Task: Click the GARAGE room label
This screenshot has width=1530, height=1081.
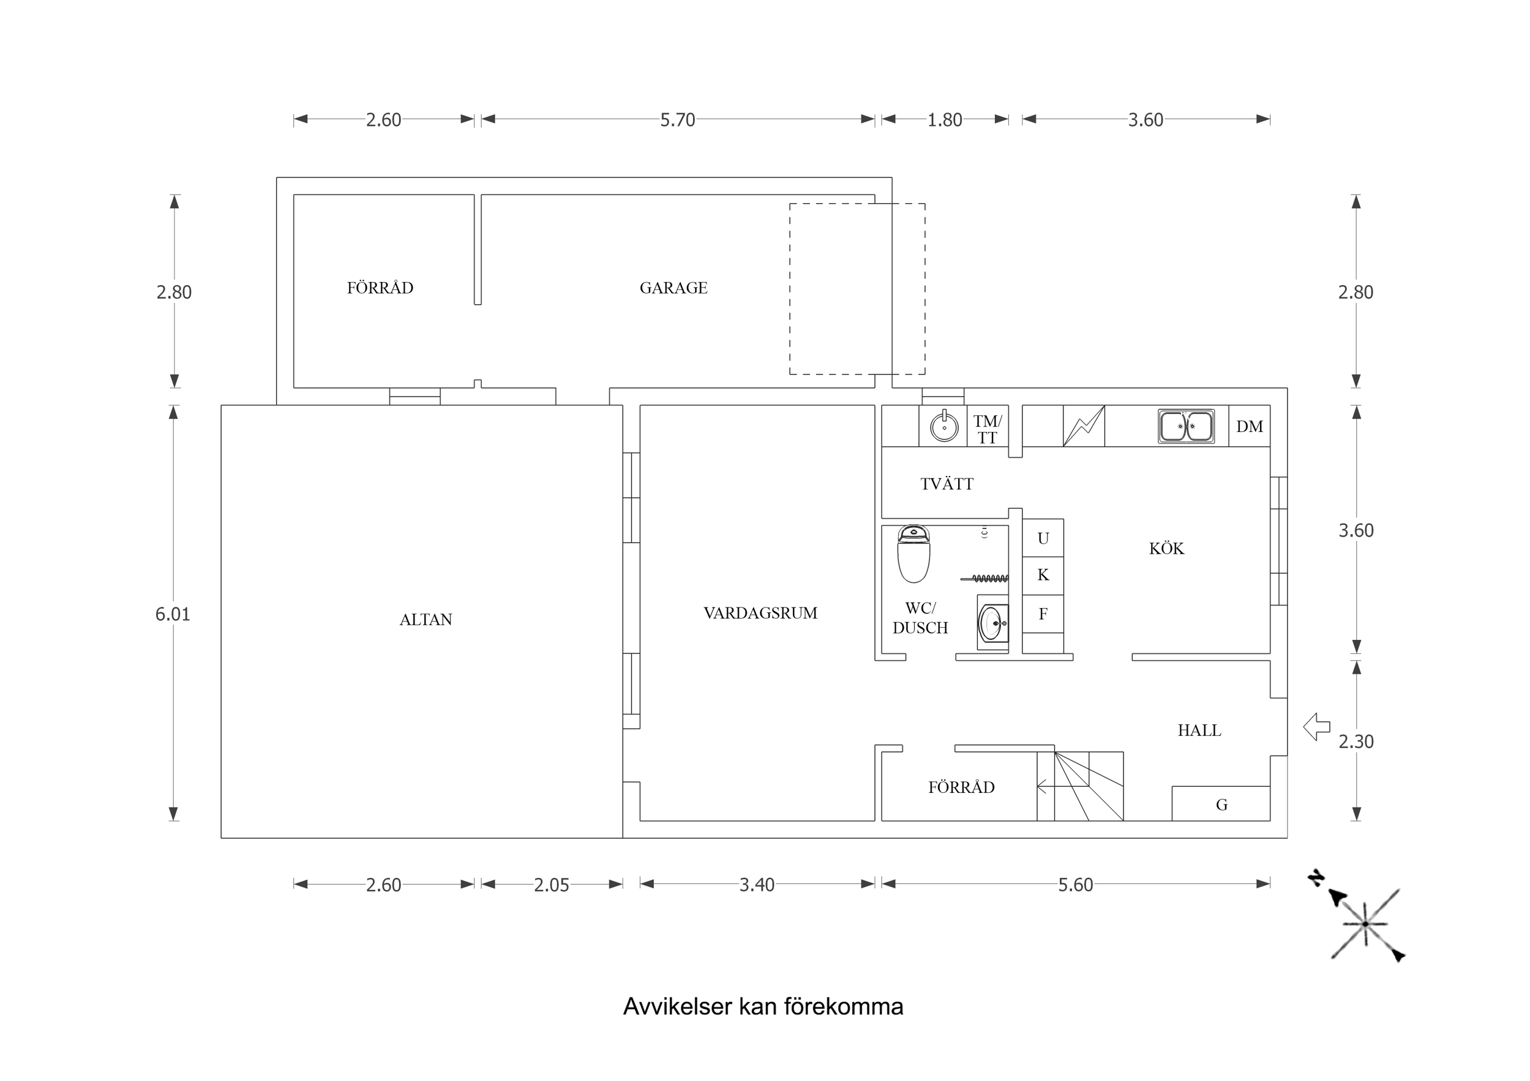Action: click(673, 288)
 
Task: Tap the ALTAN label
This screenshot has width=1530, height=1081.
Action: click(425, 620)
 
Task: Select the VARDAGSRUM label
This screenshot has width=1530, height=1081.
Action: click(760, 613)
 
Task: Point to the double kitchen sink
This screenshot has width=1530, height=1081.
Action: click(1185, 426)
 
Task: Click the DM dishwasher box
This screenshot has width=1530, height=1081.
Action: click(1249, 426)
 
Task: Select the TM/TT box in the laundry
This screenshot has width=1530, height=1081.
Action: click(987, 429)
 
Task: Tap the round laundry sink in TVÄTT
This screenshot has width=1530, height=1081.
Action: click(943, 426)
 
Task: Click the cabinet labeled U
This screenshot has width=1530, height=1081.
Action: click(1043, 538)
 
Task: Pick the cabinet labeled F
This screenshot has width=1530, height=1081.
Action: click(1043, 614)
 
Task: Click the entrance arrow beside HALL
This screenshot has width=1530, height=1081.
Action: click(1317, 727)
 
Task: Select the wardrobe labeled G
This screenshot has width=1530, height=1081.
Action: click(1221, 804)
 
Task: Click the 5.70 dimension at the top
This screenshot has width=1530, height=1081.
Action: click(677, 120)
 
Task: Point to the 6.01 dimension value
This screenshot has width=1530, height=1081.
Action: click(173, 614)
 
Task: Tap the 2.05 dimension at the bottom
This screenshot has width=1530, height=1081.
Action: click(551, 885)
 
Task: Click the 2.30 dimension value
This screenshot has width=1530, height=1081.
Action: click(1356, 741)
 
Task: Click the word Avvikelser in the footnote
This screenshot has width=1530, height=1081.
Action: click(677, 1006)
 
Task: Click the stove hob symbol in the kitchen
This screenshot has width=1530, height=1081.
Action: click(1084, 426)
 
